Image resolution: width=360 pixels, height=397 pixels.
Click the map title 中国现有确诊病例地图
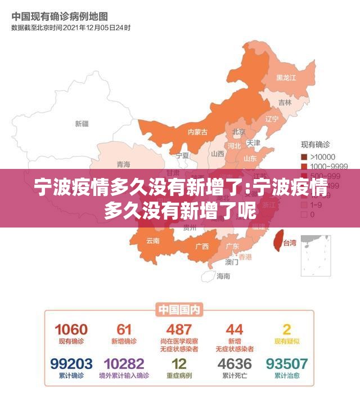[60, 16]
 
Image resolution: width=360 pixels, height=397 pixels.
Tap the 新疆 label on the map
[82, 123]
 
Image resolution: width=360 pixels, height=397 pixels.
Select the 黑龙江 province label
[286, 77]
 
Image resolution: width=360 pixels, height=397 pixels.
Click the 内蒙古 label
[197, 132]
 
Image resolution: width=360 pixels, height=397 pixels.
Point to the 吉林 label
[285, 102]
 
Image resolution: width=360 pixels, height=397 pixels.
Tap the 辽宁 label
[272, 119]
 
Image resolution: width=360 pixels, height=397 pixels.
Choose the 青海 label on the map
[123, 164]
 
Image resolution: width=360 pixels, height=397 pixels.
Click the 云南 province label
[153, 240]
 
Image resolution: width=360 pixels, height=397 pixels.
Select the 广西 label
[201, 246]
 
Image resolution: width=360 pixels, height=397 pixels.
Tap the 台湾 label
[289, 243]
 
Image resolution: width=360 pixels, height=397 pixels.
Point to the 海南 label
[223, 276]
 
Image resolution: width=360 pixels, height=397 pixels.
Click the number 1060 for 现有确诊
[71, 329]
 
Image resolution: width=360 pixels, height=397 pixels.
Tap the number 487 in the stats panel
[179, 329]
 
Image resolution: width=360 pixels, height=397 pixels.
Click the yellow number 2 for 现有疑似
[287, 329]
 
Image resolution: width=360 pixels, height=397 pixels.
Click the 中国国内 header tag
[179, 309]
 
